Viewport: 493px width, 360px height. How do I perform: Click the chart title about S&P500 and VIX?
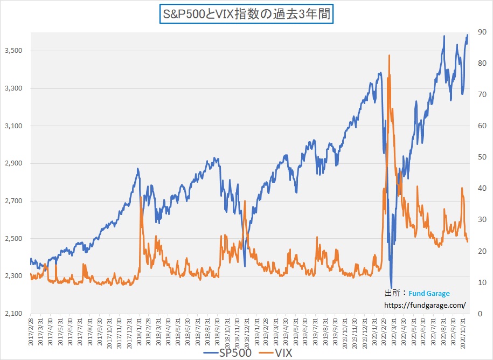coord(247,12)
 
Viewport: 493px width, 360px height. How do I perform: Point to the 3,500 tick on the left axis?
coord(14,51)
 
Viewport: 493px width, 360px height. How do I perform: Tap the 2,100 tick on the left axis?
coord(14,314)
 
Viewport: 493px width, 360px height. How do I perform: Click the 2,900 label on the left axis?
coord(14,163)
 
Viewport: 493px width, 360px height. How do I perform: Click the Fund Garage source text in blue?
coord(429,294)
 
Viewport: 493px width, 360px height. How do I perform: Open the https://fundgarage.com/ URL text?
coord(425,305)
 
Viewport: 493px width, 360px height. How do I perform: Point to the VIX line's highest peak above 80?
coord(389,55)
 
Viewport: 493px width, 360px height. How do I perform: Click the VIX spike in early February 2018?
coord(141,197)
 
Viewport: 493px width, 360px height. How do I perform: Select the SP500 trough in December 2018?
coord(245,265)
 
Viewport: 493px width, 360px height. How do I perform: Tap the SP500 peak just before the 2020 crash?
coord(380,73)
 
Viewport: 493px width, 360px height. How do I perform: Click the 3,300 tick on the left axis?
coord(14,88)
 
